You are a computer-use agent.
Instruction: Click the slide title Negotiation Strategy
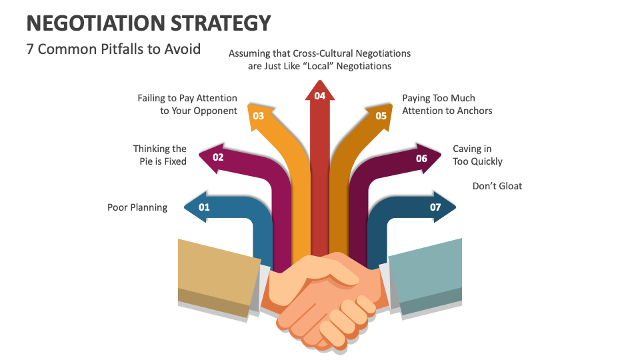(149, 23)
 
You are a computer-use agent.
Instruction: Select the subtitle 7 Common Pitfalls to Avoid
(113, 49)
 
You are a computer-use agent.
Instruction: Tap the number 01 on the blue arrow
(204, 207)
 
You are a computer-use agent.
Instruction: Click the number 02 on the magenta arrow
(218, 158)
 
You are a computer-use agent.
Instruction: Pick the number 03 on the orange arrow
(259, 116)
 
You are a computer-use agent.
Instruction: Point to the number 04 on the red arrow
(320, 96)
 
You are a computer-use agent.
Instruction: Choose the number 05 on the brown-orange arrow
(381, 116)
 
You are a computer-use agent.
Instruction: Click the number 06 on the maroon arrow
(421, 159)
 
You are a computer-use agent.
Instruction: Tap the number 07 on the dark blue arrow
(435, 207)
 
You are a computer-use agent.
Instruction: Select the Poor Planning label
(137, 207)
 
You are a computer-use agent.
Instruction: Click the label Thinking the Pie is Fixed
(160, 155)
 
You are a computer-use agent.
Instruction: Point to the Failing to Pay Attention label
(187, 105)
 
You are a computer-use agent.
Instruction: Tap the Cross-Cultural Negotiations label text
(319, 59)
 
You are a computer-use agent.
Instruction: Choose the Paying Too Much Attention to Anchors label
(447, 105)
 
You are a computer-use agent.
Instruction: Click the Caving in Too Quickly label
(477, 155)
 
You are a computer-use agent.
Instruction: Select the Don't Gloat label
(497, 186)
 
